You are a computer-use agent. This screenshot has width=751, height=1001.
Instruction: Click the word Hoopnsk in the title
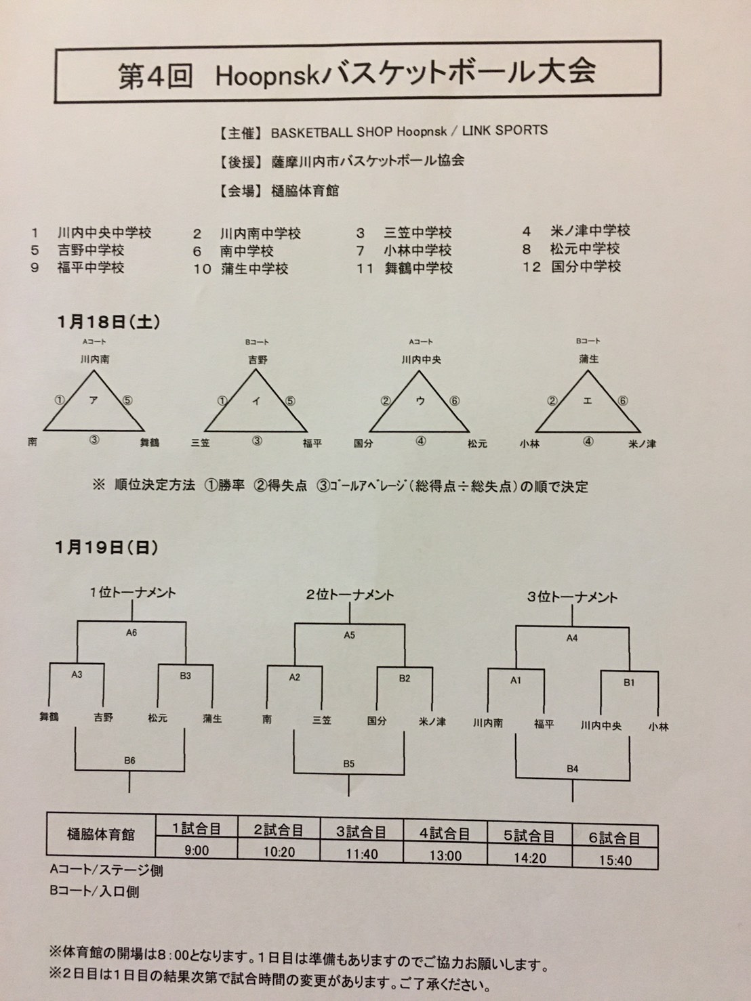point(266,76)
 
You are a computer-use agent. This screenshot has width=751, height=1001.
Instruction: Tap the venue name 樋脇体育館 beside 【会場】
point(305,190)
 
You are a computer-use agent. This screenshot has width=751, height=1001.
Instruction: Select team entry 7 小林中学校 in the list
point(404,251)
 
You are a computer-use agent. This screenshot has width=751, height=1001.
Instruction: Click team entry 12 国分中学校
point(571,266)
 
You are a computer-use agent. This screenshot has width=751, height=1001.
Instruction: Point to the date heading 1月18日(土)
point(108,322)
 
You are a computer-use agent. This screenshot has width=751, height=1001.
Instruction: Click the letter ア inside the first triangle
point(94,400)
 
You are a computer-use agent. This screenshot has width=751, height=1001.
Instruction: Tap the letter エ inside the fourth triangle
point(588,401)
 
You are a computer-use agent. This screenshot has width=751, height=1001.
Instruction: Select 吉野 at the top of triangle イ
point(258,360)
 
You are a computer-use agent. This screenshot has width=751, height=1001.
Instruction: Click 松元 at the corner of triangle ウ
point(477,443)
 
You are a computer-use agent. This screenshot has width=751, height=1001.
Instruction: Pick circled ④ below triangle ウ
point(421,441)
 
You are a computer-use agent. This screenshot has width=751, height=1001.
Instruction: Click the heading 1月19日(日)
point(106,547)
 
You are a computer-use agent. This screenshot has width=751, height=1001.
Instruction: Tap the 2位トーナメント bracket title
point(350,595)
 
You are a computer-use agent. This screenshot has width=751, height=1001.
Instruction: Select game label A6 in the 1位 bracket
point(131,633)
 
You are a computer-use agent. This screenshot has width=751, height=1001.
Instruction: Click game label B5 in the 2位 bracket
point(348,764)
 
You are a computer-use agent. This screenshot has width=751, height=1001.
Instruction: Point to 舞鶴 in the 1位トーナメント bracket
point(49,717)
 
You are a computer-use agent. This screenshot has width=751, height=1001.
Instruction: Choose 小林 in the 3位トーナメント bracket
point(658,727)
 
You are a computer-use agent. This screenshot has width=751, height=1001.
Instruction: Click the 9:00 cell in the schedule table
point(197,850)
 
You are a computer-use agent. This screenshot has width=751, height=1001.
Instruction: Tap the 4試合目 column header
point(445,834)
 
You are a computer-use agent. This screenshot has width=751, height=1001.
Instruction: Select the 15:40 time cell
point(615,861)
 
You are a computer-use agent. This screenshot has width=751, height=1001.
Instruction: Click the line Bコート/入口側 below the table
point(94,891)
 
